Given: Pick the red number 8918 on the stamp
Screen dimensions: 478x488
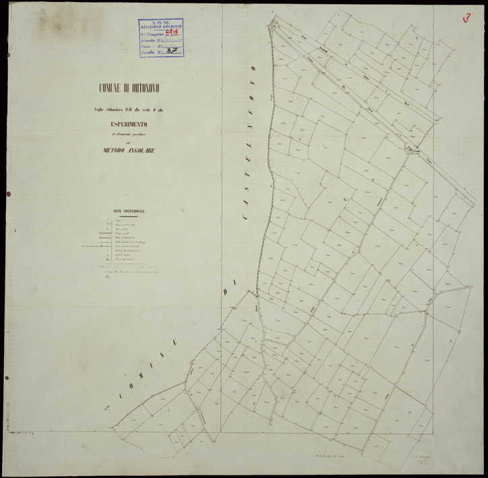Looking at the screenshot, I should tap(173, 32).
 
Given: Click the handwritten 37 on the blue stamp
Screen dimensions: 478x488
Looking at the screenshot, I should tap(173, 51).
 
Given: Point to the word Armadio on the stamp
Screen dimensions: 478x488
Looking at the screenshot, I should tap(150, 38).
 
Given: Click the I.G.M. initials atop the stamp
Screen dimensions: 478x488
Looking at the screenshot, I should tap(162, 21).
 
